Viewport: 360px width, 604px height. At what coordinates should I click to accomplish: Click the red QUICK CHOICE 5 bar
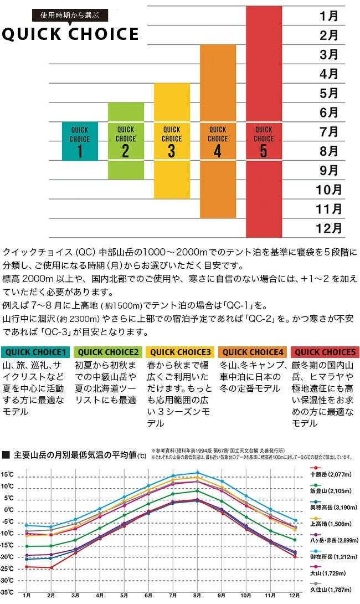coord(264,122)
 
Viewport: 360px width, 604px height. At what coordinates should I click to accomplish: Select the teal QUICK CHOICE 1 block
coord(80,141)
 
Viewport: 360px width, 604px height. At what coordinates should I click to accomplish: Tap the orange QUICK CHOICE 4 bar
coord(218,131)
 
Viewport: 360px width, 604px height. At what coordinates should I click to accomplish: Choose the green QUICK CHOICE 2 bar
coord(126,141)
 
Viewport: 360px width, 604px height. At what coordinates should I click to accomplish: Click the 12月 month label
coord(330,228)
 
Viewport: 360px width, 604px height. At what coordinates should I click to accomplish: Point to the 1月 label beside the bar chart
coord(329,16)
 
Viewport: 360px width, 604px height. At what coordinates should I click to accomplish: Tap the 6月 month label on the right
coord(329,112)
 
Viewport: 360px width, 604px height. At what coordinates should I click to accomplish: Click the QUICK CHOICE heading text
coord(70,34)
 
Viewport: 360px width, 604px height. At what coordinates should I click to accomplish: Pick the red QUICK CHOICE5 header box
coord(325,352)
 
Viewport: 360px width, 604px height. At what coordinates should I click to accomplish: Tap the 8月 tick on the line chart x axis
coord(197,597)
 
